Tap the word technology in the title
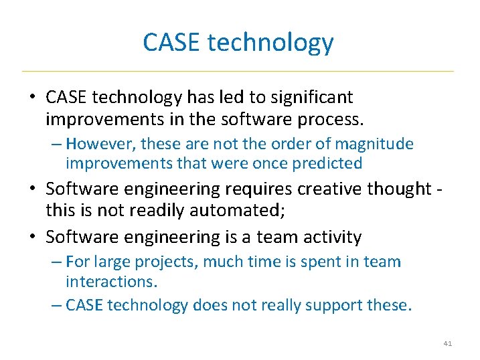point(270,43)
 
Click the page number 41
point(448,343)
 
